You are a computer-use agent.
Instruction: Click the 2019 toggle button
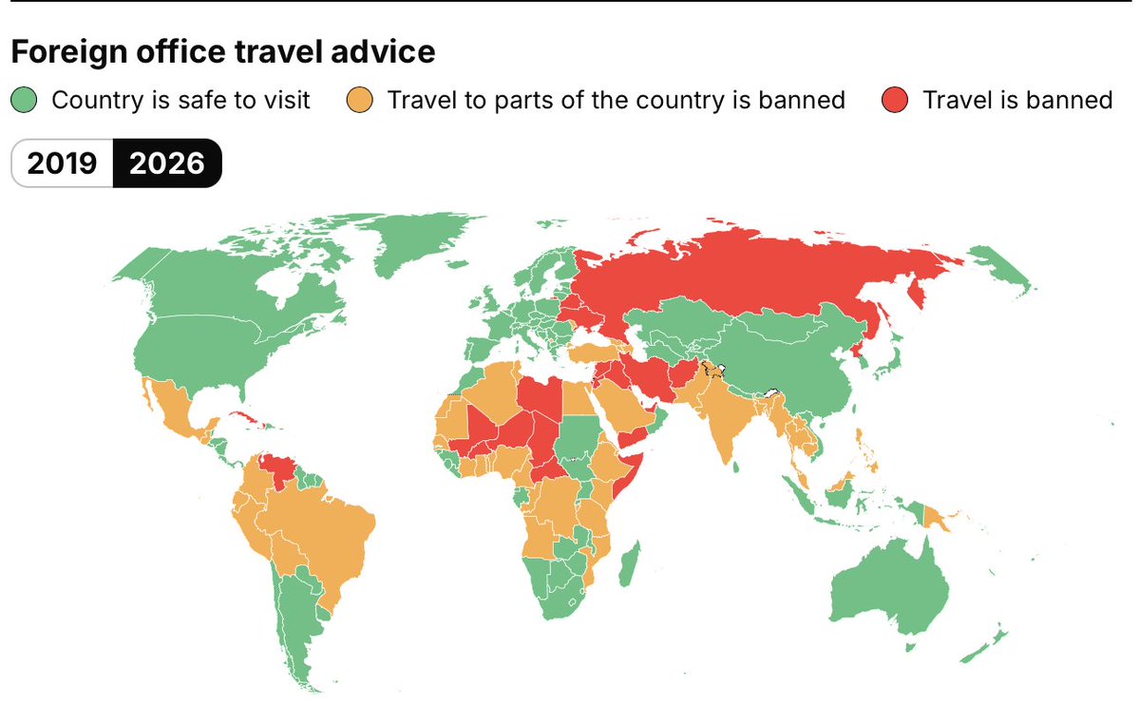click(x=62, y=163)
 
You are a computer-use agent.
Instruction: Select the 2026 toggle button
click(x=167, y=163)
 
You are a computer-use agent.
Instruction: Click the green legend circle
click(x=24, y=100)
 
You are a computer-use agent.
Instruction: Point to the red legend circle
click(x=896, y=100)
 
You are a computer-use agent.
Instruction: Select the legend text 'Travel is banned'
click(x=1017, y=100)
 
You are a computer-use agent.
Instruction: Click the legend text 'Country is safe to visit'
click(x=180, y=100)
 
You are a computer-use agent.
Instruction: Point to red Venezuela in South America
click(x=278, y=468)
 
